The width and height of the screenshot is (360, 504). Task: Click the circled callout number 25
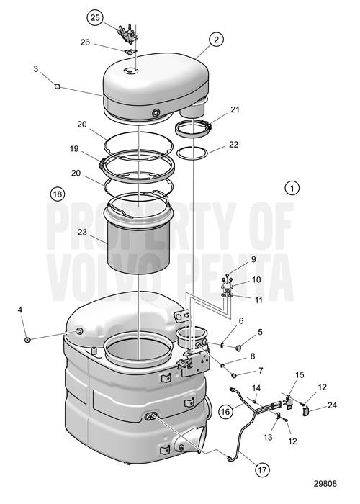pos(95,17)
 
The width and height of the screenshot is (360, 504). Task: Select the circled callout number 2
pos(215,40)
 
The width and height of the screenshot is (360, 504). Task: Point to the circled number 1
pos(292,188)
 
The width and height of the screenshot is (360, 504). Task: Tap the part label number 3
pos(35,70)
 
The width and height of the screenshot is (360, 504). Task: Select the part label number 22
pos(233,145)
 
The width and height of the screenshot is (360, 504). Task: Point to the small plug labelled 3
pos(55,86)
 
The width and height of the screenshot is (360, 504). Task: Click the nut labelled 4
pos(27,339)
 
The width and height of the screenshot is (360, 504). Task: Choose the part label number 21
pos(234,109)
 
